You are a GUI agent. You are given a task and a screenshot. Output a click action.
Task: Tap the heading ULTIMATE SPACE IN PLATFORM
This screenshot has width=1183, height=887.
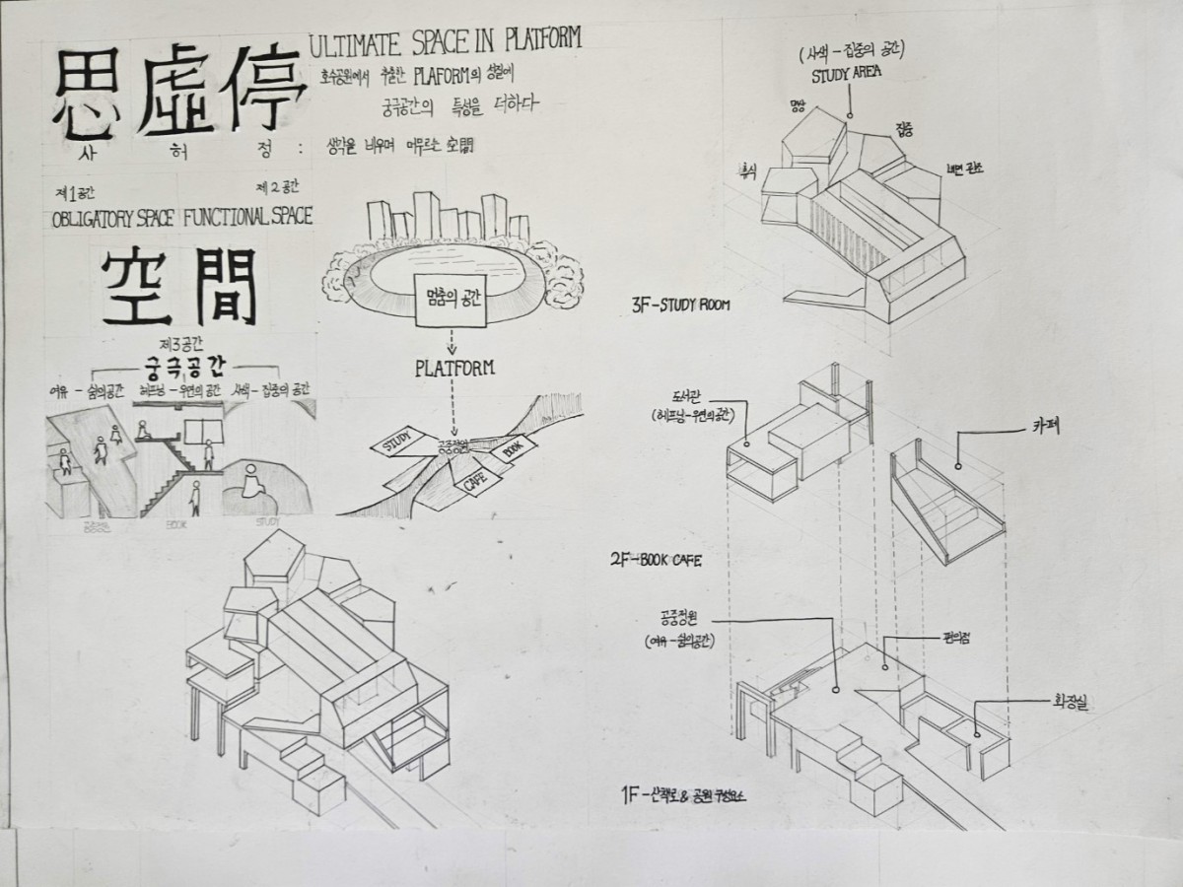pos(445,41)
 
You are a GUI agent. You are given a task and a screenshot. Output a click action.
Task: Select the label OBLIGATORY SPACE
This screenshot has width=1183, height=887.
pos(112,219)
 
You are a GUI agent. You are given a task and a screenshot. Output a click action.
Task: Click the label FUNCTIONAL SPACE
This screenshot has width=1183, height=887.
pos(247,218)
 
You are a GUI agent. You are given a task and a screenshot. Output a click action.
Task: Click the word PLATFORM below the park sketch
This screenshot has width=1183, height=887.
pos(453,369)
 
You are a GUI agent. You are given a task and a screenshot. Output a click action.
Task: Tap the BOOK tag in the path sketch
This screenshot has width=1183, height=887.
pos(513,447)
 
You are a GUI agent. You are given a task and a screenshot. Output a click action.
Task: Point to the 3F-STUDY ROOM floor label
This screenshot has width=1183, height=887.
pos(681,306)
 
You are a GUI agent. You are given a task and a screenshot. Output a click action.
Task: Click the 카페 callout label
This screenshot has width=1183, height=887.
pos(1037,429)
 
